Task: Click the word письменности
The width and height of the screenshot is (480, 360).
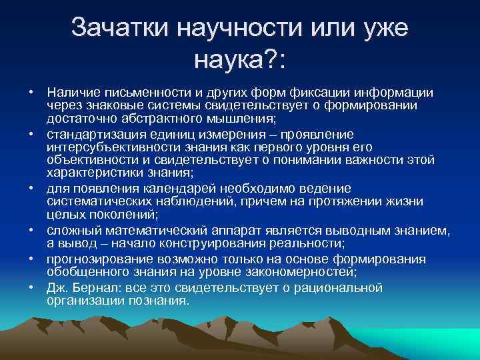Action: pyautogui.click(x=143, y=91)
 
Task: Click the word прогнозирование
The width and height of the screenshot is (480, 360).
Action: pyautogui.click(x=95, y=259)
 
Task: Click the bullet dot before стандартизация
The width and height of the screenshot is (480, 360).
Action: pyautogui.click(x=31, y=133)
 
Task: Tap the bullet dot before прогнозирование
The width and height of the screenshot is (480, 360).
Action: pyautogui.click(x=31, y=259)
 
